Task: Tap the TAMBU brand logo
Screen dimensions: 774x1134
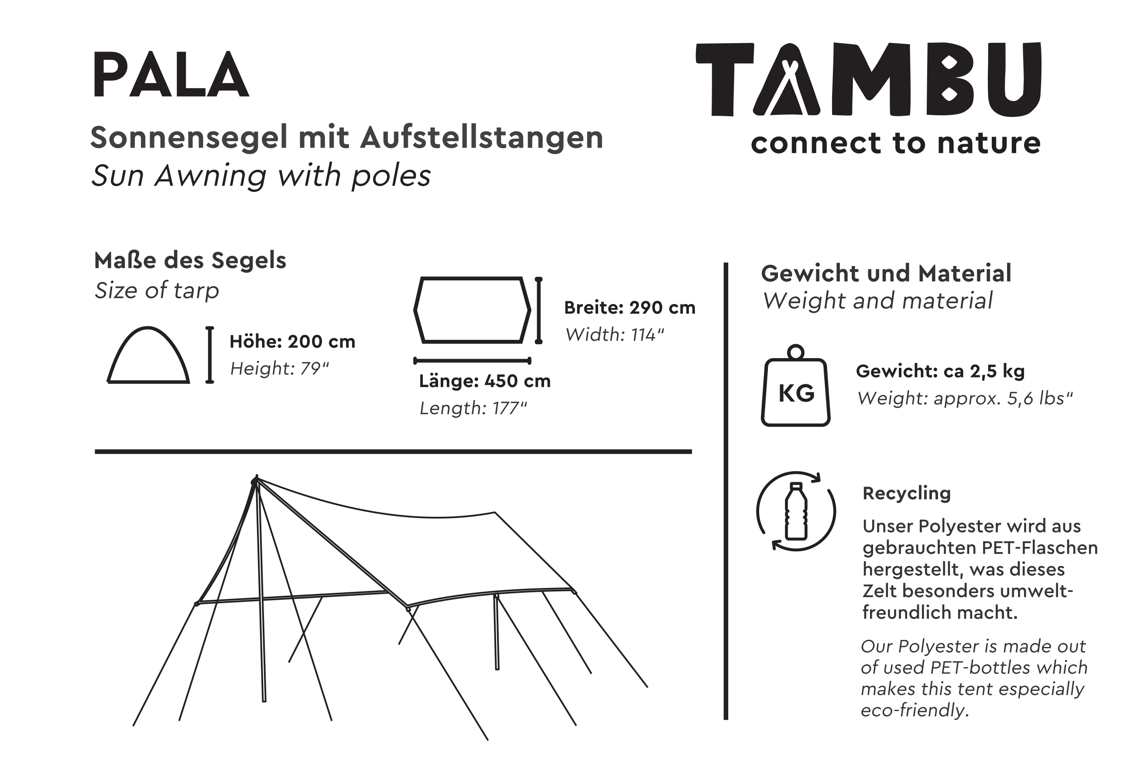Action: pos(869,79)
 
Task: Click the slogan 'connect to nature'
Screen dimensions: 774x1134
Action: pos(895,143)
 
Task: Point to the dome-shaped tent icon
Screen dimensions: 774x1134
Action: pos(148,356)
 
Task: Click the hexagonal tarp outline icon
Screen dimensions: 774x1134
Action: pos(472,310)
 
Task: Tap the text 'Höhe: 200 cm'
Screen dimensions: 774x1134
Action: pos(292,341)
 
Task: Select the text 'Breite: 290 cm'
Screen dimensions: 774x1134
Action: pos(630,308)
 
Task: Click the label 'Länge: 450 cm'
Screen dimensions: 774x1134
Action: pos(485,381)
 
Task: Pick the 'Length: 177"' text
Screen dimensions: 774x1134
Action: pos(473,408)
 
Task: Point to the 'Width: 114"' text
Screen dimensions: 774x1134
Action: pos(614,335)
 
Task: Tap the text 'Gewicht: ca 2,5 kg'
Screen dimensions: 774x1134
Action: pos(940,371)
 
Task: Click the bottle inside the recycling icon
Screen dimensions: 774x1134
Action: pos(796,511)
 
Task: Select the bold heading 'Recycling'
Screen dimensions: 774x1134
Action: pos(907,493)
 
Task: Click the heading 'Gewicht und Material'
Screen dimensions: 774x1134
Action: pos(886,273)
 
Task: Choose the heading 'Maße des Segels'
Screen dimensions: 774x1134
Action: pos(190,260)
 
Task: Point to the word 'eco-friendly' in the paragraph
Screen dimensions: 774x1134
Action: pos(914,710)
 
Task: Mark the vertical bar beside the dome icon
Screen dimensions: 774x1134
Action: pos(210,355)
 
